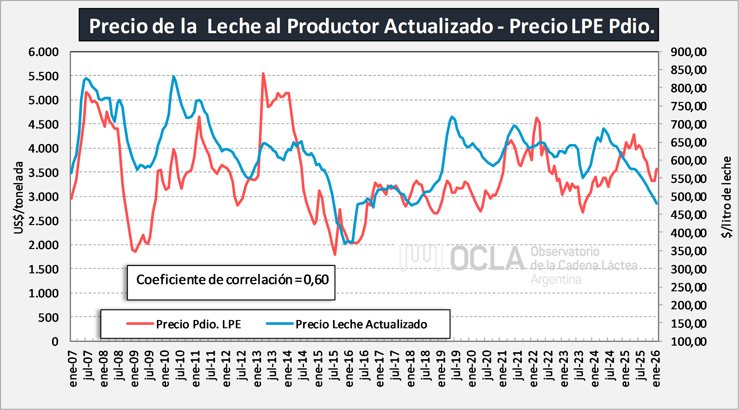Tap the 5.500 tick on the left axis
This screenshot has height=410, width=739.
(44, 76)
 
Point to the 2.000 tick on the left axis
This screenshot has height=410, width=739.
(44, 245)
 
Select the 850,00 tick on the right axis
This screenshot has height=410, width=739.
(688, 70)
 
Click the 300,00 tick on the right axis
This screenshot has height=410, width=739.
(688, 269)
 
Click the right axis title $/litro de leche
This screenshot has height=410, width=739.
(726, 197)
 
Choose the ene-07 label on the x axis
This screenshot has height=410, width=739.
(73, 368)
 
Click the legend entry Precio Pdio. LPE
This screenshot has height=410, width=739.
(198, 324)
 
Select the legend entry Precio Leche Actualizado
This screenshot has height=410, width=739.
(361, 324)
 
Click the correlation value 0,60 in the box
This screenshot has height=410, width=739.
(316, 280)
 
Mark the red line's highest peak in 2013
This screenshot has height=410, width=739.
(263, 74)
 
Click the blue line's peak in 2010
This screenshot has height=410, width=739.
(174, 76)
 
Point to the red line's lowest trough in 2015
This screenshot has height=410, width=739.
(335, 254)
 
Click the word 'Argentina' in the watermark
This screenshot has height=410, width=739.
(556, 280)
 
